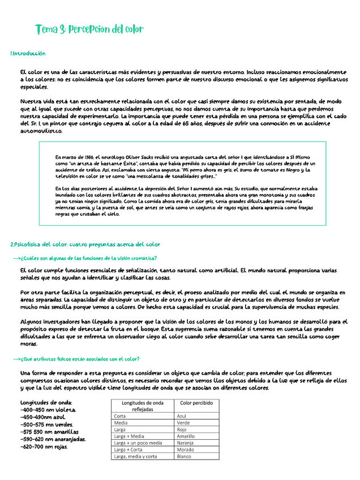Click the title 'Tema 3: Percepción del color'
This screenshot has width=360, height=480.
[x=89, y=29]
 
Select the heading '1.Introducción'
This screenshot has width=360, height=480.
[x=28, y=53]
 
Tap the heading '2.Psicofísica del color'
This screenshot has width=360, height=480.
[x=85, y=245]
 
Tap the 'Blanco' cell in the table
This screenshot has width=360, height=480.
[x=185, y=456]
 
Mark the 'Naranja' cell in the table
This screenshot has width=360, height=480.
[x=186, y=443]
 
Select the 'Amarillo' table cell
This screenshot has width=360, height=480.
[x=186, y=436]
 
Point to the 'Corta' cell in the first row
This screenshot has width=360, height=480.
[x=120, y=415]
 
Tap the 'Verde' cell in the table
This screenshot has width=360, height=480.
[x=183, y=422]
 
